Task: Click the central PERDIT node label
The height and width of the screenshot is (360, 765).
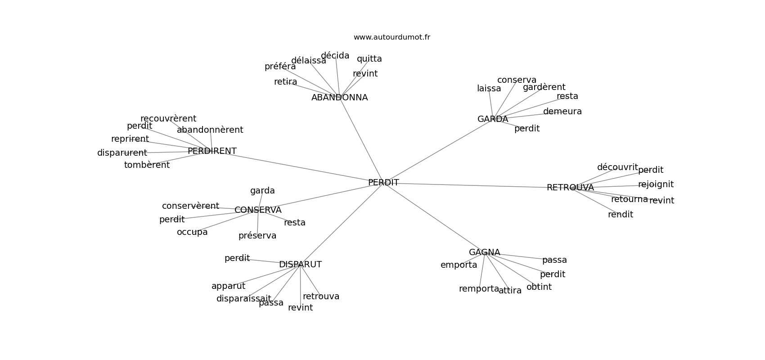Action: (x=383, y=183)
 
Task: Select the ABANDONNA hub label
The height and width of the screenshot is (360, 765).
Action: (x=339, y=98)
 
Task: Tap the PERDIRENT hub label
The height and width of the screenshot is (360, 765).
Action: (x=212, y=151)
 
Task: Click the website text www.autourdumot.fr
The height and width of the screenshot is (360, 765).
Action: (x=391, y=37)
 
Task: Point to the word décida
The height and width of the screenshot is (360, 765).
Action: (x=335, y=56)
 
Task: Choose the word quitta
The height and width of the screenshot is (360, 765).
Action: (x=369, y=59)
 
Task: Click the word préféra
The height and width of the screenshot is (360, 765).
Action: (x=280, y=67)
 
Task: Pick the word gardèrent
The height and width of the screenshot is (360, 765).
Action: (x=544, y=87)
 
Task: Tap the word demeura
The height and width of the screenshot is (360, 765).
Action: (x=562, y=112)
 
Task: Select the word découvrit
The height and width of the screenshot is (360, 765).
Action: (x=617, y=167)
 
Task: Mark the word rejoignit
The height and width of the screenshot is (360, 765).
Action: (x=656, y=184)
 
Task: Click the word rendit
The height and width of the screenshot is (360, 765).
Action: (x=620, y=215)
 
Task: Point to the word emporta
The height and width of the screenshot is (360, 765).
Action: (x=459, y=265)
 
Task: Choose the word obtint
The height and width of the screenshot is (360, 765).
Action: (x=539, y=287)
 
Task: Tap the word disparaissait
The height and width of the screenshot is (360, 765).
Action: (x=243, y=299)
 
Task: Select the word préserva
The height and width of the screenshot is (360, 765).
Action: (x=257, y=236)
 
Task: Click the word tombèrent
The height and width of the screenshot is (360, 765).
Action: (x=147, y=165)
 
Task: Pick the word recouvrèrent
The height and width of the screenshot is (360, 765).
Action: (x=168, y=119)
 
